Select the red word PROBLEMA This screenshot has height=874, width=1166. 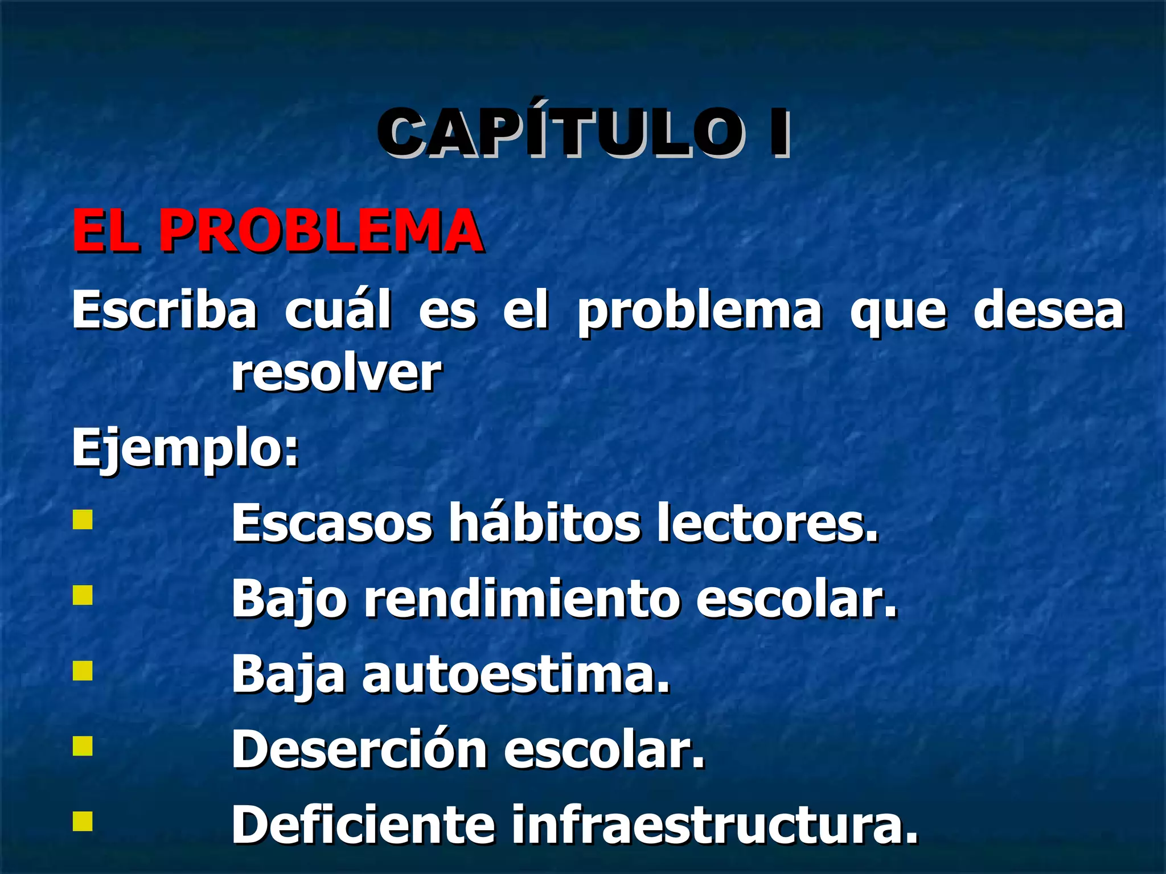click(321, 230)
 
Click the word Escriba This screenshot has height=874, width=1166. click(164, 310)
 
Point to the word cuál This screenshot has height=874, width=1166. click(338, 310)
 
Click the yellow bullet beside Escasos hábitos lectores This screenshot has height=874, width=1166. click(83, 520)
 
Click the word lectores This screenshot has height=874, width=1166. click(767, 523)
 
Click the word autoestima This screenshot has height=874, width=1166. click(516, 675)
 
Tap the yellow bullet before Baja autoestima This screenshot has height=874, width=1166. click(83, 670)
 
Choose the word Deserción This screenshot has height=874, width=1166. click(359, 750)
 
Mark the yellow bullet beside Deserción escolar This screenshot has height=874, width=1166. click(83, 746)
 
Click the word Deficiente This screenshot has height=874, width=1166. click(363, 825)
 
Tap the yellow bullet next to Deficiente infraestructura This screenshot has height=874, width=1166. click(83, 822)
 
